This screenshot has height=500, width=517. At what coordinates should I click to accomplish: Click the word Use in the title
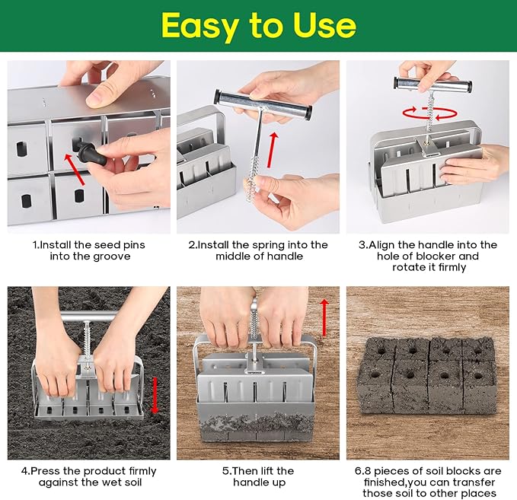[324, 26]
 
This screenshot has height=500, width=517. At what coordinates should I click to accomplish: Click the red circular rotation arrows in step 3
[427, 114]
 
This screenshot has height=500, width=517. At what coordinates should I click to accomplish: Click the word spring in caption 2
[272, 245]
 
